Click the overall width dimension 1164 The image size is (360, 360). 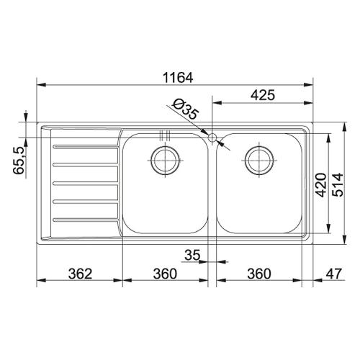click(178, 78)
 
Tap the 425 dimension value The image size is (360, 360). click(263, 95)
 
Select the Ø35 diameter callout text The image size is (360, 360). click(186, 109)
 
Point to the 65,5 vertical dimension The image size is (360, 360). click(19, 161)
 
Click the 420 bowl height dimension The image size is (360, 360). click(321, 185)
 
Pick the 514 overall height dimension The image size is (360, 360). click(338, 185)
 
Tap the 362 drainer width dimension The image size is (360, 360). click(80, 274)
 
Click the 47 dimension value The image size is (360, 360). click(333, 274)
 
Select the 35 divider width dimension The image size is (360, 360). click(192, 255)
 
